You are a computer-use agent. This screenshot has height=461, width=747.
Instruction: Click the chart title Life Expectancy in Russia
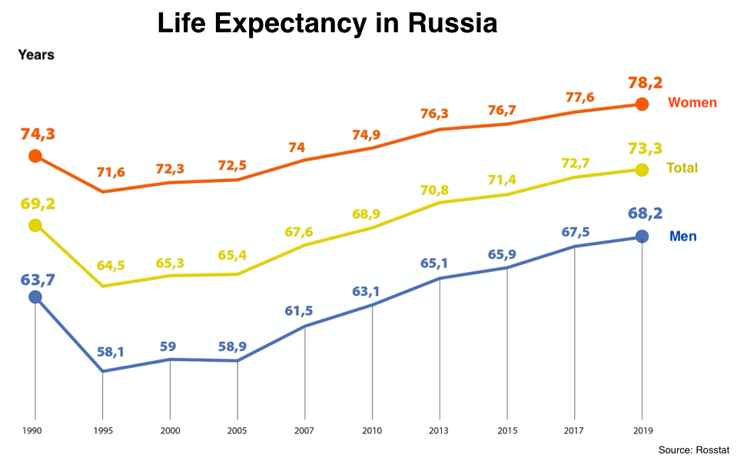pyautogui.click(x=327, y=23)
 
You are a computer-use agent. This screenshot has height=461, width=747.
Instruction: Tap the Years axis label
pyautogui.click(x=36, y=55)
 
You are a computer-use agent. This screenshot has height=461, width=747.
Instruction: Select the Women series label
pyautogui.click(x=692, y=103)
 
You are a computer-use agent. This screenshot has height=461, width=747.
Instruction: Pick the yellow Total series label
pyautogui.click(x=682, y=168)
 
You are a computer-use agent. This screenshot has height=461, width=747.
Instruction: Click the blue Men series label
pyautogui.click(x=683, y=236)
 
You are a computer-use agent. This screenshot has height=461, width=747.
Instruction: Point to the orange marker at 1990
pyautogui.click(x=35, y=157)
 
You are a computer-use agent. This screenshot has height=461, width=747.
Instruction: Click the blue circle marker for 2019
pyautogui.click(x=642, y=237)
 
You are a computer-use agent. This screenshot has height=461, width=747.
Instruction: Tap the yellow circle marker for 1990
pyautogui.click(x=35, y=225)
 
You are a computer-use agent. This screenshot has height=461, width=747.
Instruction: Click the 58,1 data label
pyautogui.click(x=111, y=353)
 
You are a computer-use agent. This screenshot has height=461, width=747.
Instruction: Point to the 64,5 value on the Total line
pyautogui.click(x=111, y=266)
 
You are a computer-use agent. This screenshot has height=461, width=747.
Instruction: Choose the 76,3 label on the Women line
pyautogui.click(x=434, y=113)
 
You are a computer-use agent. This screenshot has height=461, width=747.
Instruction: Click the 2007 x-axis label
pyautogui.click(x=305, y=431)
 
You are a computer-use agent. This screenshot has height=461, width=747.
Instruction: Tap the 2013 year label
pyautogui.click(x=440, y=431)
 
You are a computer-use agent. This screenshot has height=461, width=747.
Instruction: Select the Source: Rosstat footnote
pyautogui.click(x=694, y=449)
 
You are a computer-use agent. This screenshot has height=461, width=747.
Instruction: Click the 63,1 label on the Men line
pyautogui.click(x=366, y=291)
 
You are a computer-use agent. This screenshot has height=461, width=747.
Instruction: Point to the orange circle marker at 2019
pyautogui.click(x=642, y=104)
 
